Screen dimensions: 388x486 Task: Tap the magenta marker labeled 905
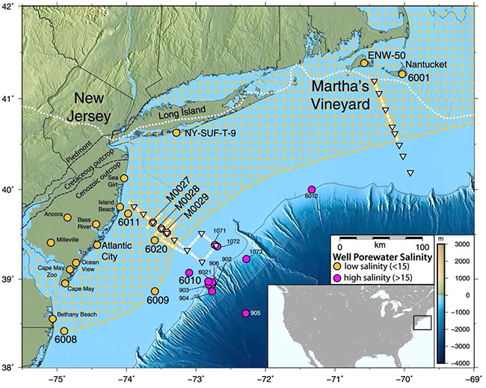click(246, 313)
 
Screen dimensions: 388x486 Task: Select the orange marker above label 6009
click(156, 291)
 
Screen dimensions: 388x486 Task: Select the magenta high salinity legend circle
click(338, 278)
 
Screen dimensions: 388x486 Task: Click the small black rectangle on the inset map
click(422, 321)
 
